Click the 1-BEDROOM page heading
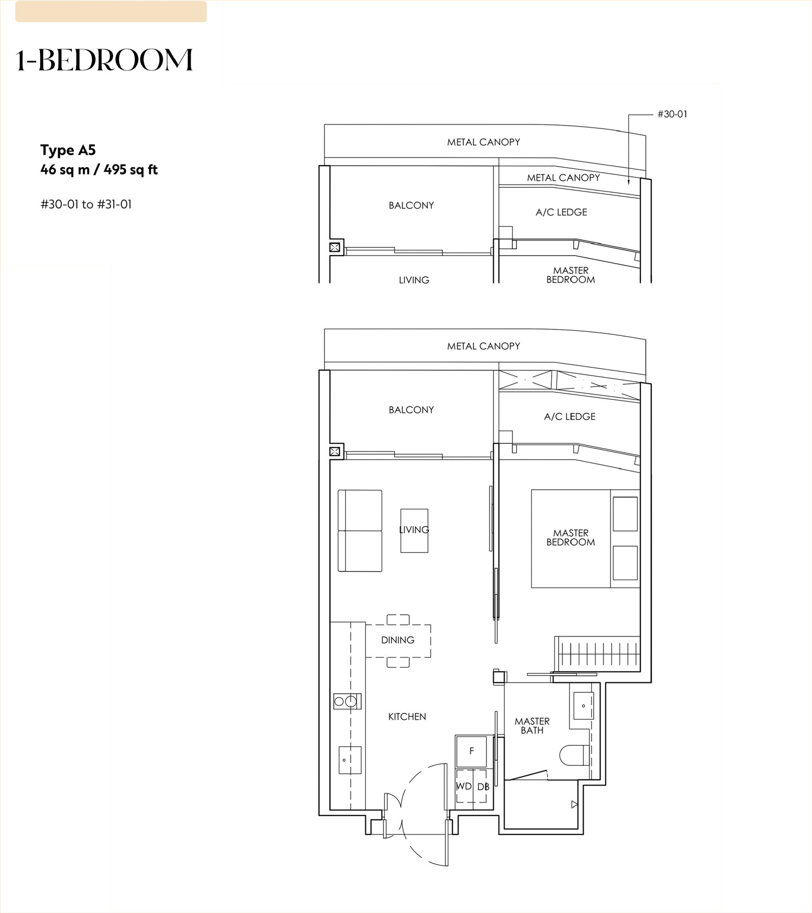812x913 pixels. [x=104, y=60]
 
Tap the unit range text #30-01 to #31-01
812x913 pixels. [x=86, y=205]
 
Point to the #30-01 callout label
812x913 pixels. [x=672, y=114]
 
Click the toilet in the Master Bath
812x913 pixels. [x=574, y=755]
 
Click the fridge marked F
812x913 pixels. [x=472, y=751]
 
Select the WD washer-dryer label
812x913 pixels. [x=464, y=786]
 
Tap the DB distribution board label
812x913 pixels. [x=483, y=786]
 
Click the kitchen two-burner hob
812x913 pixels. [x=347, y=701]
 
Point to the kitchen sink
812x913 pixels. [x=350, y=760]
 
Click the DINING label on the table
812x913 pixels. [x=398, y=640]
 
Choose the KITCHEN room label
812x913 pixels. [x=407, y=717]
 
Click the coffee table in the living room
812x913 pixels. [x=414, y=530]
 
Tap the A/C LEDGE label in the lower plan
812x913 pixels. [x=569, y=417]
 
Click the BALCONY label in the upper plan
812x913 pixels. [x=411, y=206]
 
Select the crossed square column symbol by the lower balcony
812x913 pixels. [x=335, y=451]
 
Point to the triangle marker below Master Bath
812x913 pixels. [x=575, y=805]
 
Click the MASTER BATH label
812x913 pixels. [x=532, y=726]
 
